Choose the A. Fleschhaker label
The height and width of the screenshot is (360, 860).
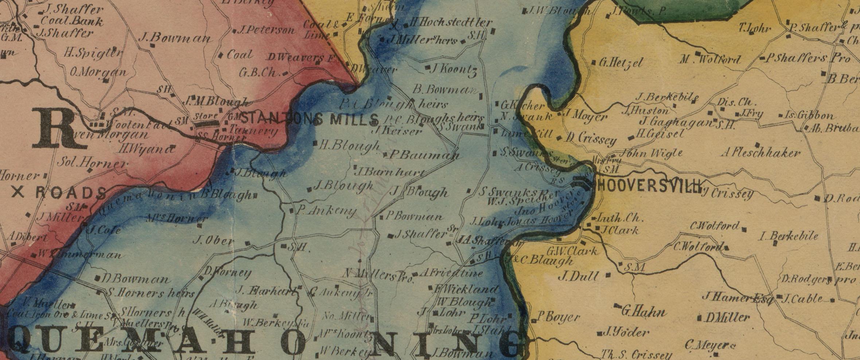pyautogui.click(x=760, y=153)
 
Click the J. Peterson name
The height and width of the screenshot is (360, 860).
pyautogui.click(x=266, y=30)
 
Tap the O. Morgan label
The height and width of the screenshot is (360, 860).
pyautogui.click(x=99, y=73)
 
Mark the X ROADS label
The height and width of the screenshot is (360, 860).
pyautogui.click(x=58, y=192)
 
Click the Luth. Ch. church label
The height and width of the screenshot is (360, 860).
pyautogui.click(x=619, y=218)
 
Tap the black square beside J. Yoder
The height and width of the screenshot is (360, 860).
pyautogui.click(x=600, y=333)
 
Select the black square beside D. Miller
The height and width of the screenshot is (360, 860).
pyautogui.click(x=699, y=317)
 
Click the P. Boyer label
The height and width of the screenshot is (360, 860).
pyautogui.click(x=558, y=317)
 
